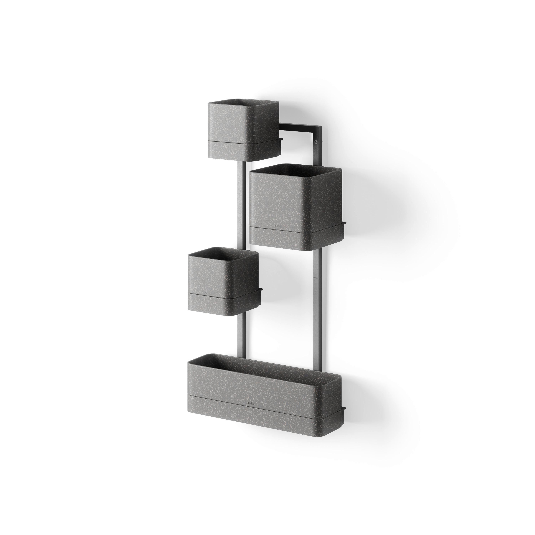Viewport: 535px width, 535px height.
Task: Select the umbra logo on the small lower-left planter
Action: coord(207,292)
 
